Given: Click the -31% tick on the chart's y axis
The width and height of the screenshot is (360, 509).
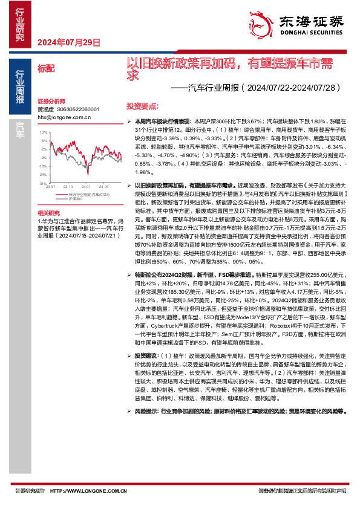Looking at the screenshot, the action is click(x=42, y=183).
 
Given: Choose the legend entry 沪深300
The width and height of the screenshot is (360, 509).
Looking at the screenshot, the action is click(x=76, y=198).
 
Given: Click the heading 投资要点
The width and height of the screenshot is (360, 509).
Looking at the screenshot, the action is click(x=140, y=105).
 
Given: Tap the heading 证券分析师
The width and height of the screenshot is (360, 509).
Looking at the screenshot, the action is click(x=50, y=101).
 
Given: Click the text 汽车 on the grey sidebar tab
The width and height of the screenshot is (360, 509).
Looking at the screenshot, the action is click(x=20, y=128).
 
